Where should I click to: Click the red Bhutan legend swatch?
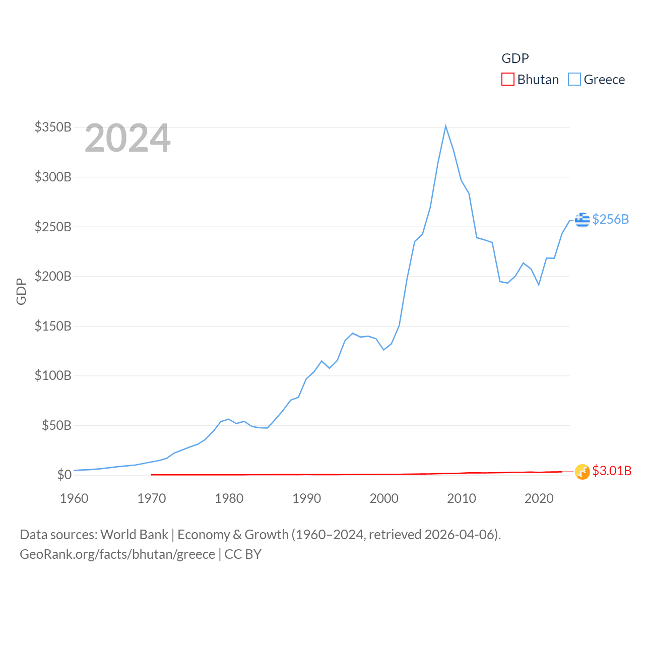pyautogui.click(x=507, y=80)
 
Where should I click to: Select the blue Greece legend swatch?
pyautogui.click(x=574, y=80)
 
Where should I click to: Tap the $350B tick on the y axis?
pyautogui.click(x=53, y=127)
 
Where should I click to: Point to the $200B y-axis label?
pyautogui.click(x=53, y=276)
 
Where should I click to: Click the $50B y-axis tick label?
pyautogui.click(x=56, y=425)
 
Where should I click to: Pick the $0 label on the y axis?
pyautogui.click(x=64, y=475)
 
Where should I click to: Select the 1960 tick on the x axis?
pyautogui.click(x=74, y=498)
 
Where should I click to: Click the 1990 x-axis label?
pyautogui.click(x=306, y=498)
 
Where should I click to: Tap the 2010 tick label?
pyautogui.click(x=462, y=498)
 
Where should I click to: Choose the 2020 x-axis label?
pyautogui.click(x=539, y=498)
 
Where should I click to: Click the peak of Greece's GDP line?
pyautogui.click(x=445, y=126)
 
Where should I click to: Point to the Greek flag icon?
pyautogui.click(x=582, y=219)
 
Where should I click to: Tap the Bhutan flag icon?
pyautogui.click(x=582, y=472)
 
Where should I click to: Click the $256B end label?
pyautogui.click(x=610, y=219)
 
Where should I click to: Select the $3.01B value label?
pyautogui.click(x=612, y=471)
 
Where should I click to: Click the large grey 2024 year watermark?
pyautogui.click(x=127, y=138)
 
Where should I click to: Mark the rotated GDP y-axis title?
pyautogui.click(x=21, y=291)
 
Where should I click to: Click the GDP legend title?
pyautogui.click(x=515, y=58)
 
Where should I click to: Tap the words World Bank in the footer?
pyautogui.click(x=134, y=534)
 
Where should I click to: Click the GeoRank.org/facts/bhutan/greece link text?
pyautogui.click(x=117, y=554)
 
